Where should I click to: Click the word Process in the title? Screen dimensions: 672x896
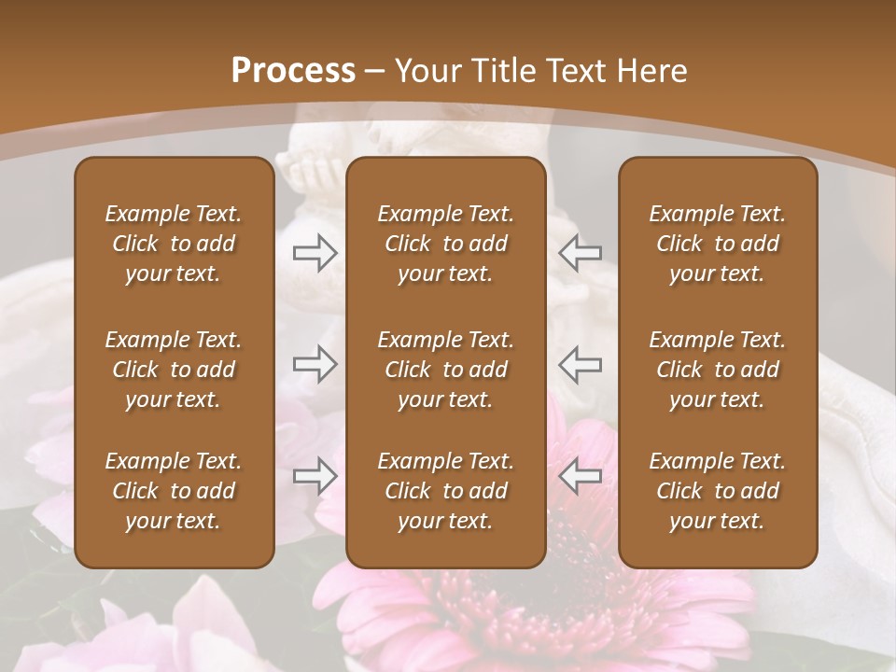(x=293, y=71)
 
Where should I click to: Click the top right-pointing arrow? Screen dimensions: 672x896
(x=315, y=252)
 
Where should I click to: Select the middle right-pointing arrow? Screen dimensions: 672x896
(x=315, y=364)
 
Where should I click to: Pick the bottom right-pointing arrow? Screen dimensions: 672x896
(x=315, y=477)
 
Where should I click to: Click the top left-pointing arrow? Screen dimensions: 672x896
(x=581, y=252)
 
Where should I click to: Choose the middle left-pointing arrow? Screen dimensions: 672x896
(x=581, y=364)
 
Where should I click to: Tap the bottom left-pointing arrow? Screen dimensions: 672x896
(x=581, y=477)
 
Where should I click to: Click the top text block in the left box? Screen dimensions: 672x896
(x=174, y=244)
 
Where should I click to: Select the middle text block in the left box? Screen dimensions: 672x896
(x=174, y=370)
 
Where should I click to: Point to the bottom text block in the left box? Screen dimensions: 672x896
(x=174, y=491)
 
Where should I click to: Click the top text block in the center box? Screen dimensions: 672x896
(x=446, y=244)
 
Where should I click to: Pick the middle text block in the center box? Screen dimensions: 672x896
(x=446, y=370)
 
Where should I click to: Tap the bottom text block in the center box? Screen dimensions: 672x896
(x=446, y=491)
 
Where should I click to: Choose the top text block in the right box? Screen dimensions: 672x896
(x=718, y=244)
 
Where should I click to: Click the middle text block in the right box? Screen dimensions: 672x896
(x=718, y=370)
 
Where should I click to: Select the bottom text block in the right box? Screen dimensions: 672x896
(x=718, y=491)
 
